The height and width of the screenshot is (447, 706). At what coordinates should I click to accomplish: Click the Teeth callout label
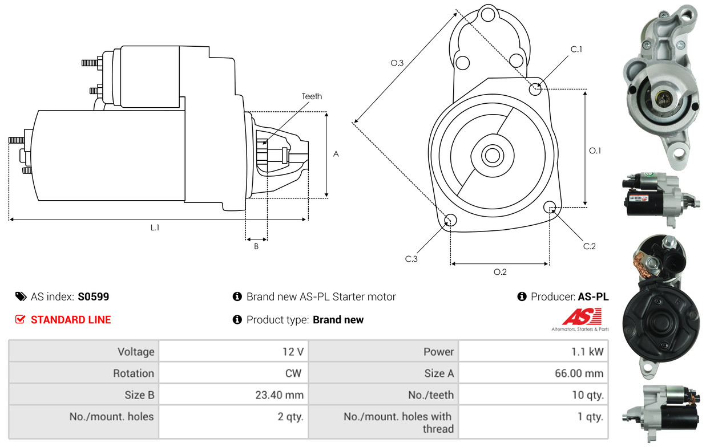(312, 96)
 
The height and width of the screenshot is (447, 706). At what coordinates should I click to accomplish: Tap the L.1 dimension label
(155, 227)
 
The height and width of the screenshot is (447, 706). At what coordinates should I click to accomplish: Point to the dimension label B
(256, 246)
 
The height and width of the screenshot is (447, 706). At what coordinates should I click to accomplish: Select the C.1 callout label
(576, 49)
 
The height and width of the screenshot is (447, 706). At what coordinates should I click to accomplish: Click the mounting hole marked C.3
(450, 220)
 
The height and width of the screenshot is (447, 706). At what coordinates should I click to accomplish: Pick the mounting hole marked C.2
(550, 207)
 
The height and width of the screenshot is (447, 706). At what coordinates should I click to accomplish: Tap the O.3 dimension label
(397, 63)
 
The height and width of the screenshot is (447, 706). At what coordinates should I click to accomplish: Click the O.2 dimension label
(500, 271)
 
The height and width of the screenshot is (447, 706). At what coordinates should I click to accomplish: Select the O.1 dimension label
(595, 151)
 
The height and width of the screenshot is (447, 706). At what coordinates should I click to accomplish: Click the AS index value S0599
(93, 296)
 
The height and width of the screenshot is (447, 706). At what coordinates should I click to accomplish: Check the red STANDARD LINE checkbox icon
(20, 319)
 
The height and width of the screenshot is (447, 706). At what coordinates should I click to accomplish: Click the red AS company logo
(582, 316)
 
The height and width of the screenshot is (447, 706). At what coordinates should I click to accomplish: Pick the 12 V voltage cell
(293, 351)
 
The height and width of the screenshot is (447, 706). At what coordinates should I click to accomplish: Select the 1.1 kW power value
(587, 351)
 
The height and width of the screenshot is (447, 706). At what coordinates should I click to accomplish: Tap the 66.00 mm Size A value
(579, 373)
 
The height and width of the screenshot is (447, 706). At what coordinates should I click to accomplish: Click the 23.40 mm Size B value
(279, 395)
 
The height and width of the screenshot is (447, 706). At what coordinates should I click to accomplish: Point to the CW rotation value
(293, 373)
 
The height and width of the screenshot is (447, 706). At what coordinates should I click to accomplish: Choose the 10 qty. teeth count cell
(588, 395)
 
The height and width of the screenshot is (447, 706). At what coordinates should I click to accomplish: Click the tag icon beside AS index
(21, 296)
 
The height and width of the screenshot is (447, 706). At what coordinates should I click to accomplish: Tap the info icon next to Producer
(522, 296)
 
